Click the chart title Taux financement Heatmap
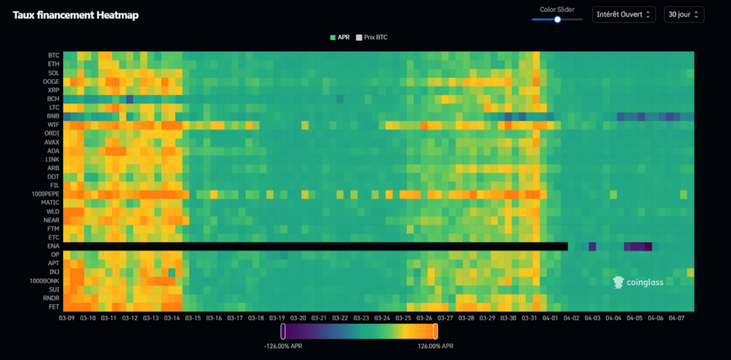click(76, 15)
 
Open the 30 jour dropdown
click(684, 14)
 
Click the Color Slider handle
click(558, 19)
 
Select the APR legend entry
click(341, 36)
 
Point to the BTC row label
click(54, 55)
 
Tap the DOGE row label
click(51, 81)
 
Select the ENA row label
click(54, 246)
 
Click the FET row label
click(54, 306)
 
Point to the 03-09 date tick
click(68, 318)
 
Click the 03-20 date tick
click(298, 318)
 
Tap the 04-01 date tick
click(550, 318)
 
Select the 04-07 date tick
click(676, 318)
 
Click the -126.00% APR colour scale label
click(283, 346)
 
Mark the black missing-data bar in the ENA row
click(315, 246)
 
